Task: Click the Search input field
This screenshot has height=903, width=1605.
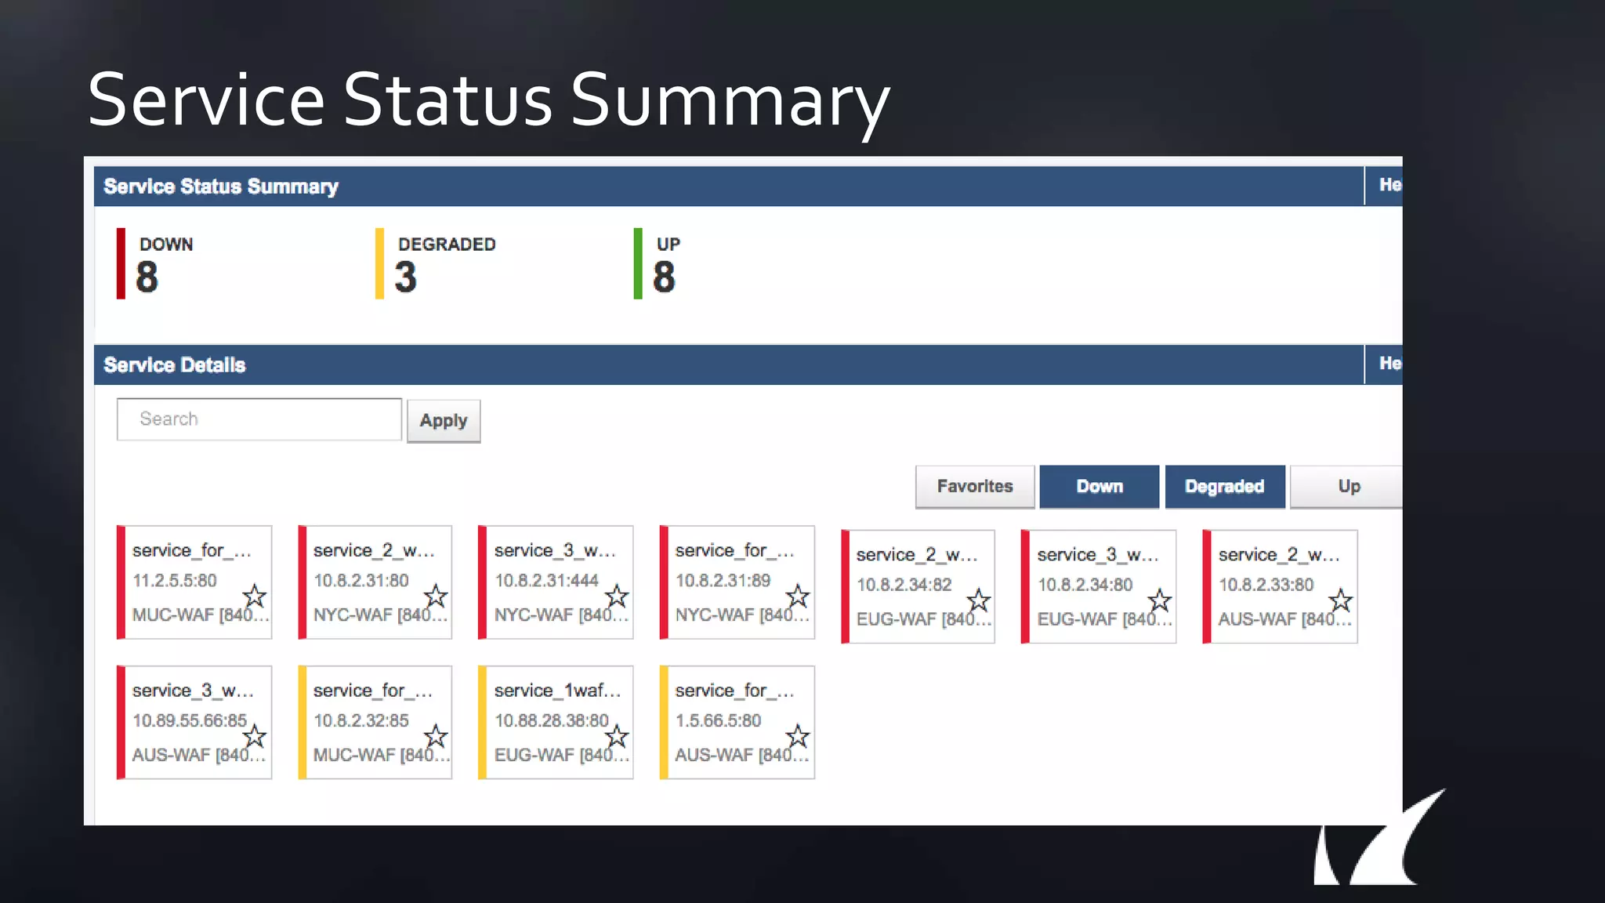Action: pyautogui.click(x=259, y=419)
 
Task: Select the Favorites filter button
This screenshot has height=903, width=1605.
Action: pyautogui.click(x=975, y=487)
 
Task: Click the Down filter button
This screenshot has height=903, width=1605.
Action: pyautogui.click(x=1099, y=487)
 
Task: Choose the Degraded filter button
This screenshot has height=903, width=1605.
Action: pyautogui.click(x=1224, y=487)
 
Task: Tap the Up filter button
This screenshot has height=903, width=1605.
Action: pyautogui.click(x=1348, y=487)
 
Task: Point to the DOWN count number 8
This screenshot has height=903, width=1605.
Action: pyautogui.click(x=147, y=277)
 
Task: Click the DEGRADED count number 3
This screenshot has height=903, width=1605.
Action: pyautogui.click(x=405, y=277)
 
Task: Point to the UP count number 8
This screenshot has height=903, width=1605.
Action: pyautogui.click(x=664, y=277)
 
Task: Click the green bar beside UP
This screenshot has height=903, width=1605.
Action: pyautogui.click(x=638, y=263)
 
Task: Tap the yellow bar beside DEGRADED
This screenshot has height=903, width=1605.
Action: pyautogui.click(x=379, y=263)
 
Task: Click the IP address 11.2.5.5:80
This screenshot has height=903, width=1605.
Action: pyautogui.click(x=174, y=581)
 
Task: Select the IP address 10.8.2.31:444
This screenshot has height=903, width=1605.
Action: pyautogui.click(x=546, y=581)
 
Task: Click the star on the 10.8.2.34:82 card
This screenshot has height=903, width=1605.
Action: pyautogui.click(x=978, y=601)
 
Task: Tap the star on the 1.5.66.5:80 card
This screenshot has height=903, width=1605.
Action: pyautogui.click(x=797, y=736)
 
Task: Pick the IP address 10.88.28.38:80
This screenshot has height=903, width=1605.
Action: pyautogui.click(x=551, y=720)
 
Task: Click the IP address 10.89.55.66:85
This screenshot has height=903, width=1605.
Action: pyautogui.click(x=189, y=720)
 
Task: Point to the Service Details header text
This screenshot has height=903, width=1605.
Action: pyautogui.click(x=175, y=365)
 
